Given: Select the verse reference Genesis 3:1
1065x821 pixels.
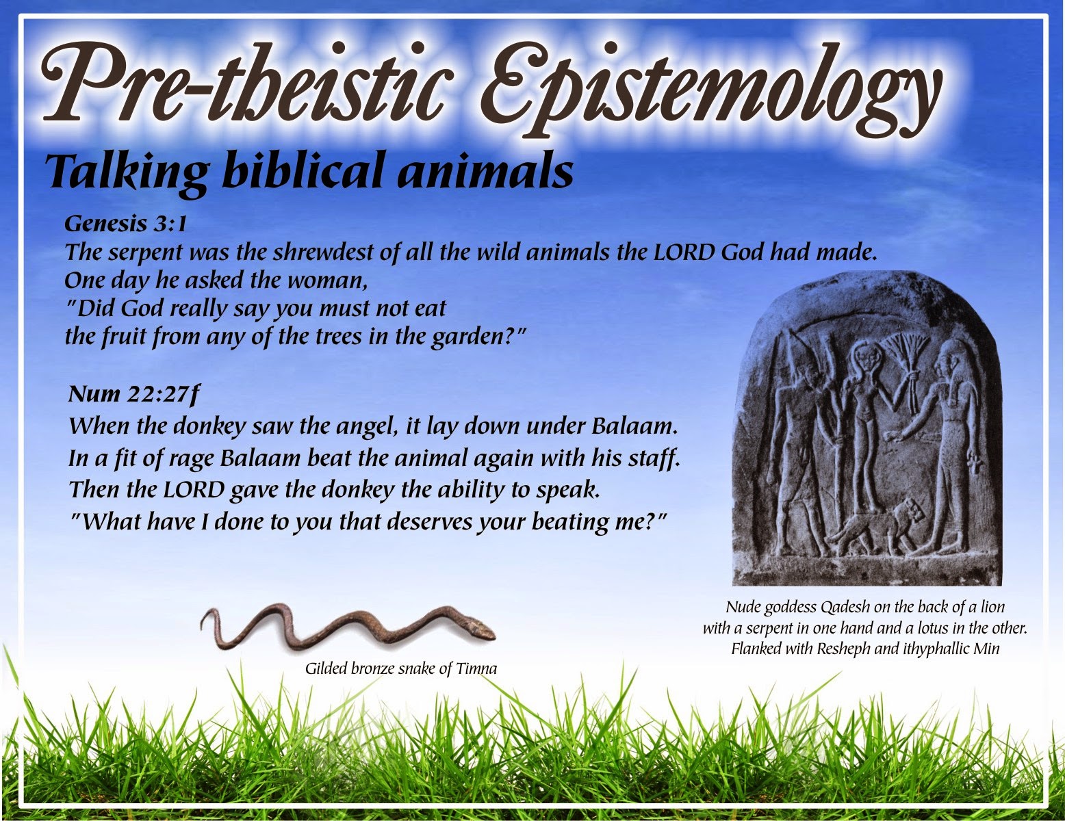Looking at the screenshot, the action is (126, 224).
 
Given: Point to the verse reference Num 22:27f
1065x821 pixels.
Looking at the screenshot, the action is (134, 394).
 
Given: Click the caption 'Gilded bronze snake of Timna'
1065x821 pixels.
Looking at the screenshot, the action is (401, 668).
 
